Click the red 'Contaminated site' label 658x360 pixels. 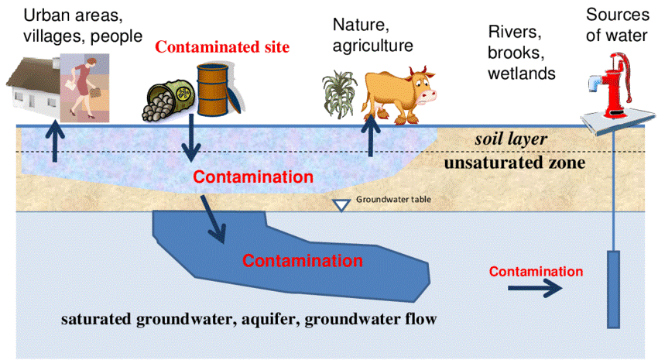pyautogui.click(x=222, y=47)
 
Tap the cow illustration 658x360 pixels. pyautogui.click(x=399, y=93)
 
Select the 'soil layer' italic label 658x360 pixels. pyautogui.click(x=511, y=140)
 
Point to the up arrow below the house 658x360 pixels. pyautogui.click(x=55, y=141)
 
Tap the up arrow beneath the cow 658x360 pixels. pyautogui.click(x=369, y=137)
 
